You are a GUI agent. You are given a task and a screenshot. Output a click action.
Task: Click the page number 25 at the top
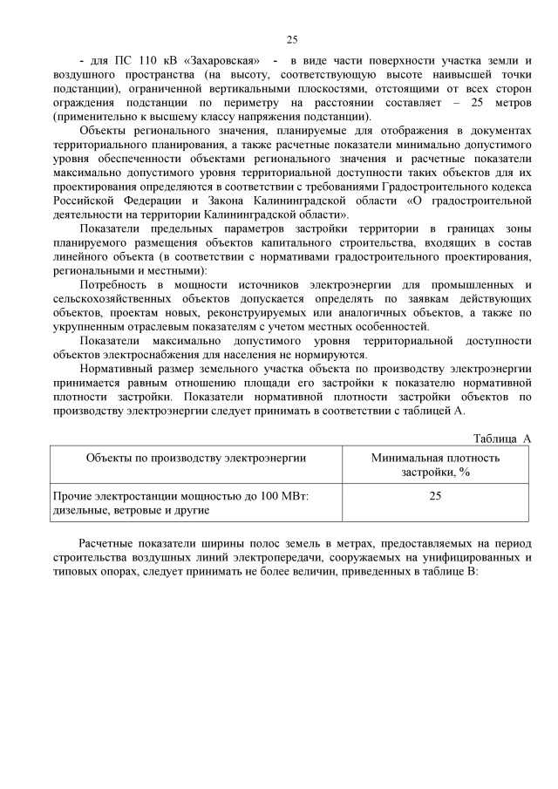(x=292, y=39)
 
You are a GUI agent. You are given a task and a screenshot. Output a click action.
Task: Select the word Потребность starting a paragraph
(x=118, y=284)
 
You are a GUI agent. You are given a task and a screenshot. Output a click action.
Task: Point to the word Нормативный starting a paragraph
(x=119, y=368)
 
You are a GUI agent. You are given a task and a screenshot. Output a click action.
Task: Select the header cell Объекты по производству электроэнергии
(x=195, y=457)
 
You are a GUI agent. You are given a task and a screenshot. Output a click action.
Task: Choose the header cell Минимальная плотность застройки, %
(x=435, y=464)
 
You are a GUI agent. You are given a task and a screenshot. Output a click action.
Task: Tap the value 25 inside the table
(x=435, y=495)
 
